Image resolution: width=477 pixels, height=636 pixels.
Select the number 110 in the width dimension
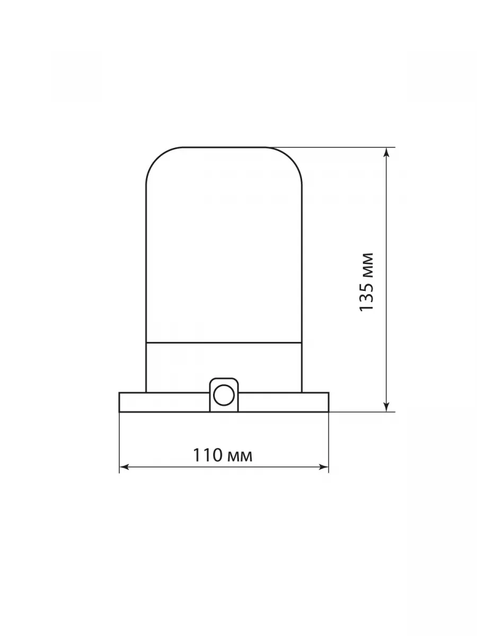[208, 455]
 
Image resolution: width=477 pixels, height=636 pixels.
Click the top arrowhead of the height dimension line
[386, 152]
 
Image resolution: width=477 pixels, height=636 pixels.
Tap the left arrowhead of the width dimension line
[124, 467]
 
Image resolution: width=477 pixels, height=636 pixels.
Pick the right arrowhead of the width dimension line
[324, 467]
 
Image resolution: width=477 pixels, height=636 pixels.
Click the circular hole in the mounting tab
[224, 395]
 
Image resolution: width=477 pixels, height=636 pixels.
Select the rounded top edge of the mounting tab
[224, 378]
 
